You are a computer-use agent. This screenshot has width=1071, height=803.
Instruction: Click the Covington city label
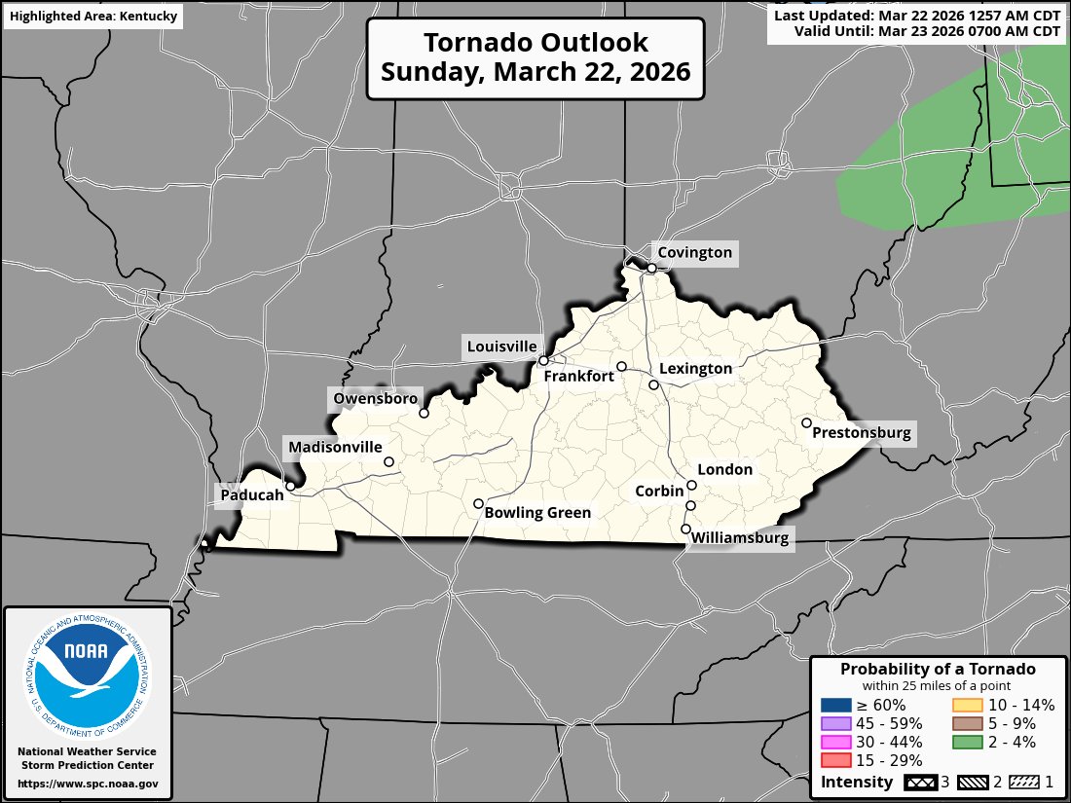[x=694, y=253]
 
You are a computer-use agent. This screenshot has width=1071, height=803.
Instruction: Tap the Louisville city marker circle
[x=543, y=360]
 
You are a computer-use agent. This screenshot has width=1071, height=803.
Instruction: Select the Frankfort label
[x=578, y=376]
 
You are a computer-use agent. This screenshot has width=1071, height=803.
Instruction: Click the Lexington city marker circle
[x=653, y=384]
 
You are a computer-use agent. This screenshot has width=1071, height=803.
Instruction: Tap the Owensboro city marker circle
[x=424, y=413]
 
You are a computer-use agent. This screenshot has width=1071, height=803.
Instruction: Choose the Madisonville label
[x=335, y=448]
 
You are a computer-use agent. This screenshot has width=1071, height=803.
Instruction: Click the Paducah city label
[x=251, y=494]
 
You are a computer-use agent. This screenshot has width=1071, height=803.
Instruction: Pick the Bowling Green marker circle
[x=478, y=503]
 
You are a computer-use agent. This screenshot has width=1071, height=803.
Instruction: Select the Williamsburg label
[x=740, y=537]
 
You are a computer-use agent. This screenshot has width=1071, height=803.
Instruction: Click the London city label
[x=725, y=470]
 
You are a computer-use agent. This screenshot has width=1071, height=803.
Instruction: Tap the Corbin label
[x=659, y=492]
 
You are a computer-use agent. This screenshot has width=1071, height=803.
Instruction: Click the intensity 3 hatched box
[x=918, y=783]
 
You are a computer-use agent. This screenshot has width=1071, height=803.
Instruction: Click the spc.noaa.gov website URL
[x=88, y=784]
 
